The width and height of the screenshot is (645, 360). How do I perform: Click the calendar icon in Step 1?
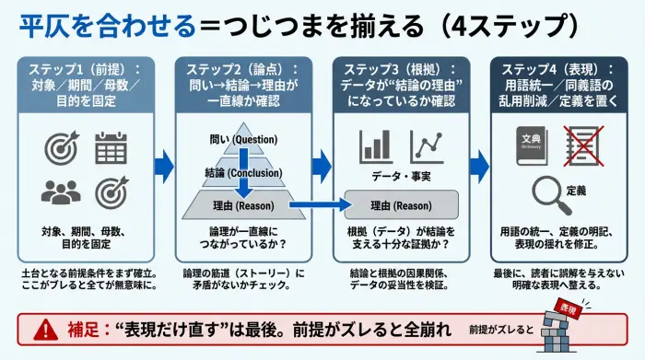110,147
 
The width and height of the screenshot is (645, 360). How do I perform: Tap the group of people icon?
60,191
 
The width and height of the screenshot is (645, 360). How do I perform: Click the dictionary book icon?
529,146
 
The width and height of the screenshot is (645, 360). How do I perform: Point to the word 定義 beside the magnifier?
579,191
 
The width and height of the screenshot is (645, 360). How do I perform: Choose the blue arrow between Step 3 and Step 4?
480,166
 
